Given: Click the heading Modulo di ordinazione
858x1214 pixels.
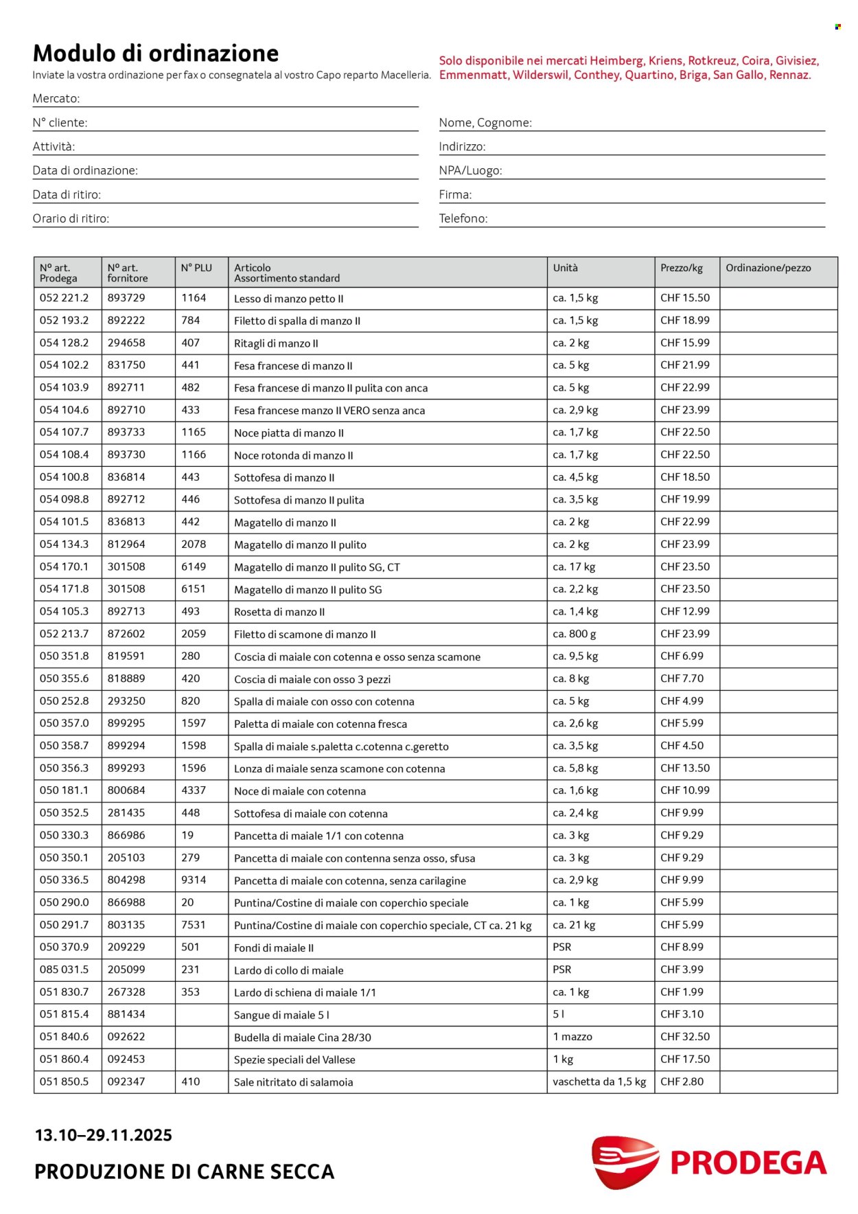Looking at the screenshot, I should click(156, 53).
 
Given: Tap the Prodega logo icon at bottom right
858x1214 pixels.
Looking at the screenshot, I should click(625, 1162).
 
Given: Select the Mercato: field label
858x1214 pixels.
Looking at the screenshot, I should click(56, 98).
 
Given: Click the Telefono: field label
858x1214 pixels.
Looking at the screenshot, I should click(463, 218).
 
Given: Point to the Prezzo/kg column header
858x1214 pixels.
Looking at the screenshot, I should click(681, 268).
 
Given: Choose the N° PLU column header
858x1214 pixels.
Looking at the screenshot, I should click(196, 268).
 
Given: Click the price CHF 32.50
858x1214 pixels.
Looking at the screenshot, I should click(685, 1036).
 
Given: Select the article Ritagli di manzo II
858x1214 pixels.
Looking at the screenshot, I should click(276, 343).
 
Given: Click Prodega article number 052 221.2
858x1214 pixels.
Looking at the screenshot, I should click(64, 298).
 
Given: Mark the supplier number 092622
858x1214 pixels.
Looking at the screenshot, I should click(126, 1036).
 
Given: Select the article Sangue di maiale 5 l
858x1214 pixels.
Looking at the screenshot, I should click(281, 1015).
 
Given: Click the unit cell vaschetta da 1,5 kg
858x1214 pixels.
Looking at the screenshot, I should click(599, 1081).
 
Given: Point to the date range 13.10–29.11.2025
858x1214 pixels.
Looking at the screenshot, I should click(103, 1135).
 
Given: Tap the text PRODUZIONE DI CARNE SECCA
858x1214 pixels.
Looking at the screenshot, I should click(184, 1171).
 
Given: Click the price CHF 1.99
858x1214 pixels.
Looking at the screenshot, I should click(682, 992).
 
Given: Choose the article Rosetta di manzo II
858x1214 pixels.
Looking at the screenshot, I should click(279, 612).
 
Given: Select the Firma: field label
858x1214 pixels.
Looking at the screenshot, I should click(455, 194).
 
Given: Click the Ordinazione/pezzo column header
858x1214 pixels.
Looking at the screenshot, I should click(768, 268).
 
